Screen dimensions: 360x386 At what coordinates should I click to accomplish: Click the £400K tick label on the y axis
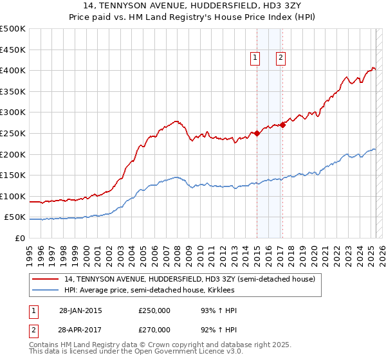[x=13, y=70]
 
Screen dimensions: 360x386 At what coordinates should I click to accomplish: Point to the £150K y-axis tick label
[x=13, y=175]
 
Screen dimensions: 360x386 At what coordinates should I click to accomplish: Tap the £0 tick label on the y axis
[x=20, y=238]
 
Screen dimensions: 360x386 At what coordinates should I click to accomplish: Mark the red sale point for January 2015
[x=257, y=133]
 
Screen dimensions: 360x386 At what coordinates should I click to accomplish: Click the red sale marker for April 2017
[x=283, y=125]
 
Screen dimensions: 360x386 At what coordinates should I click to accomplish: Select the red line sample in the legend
[x=45, y=279]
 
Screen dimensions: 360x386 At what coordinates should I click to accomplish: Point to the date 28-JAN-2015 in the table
[x=80, y=310]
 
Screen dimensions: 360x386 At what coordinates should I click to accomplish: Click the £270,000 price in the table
[x=154, y=330]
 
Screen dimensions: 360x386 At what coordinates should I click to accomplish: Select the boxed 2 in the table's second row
[x=33, y=330]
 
